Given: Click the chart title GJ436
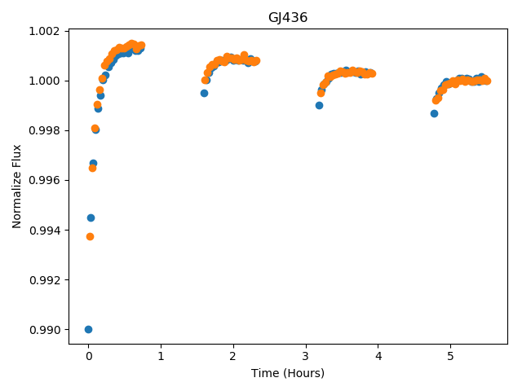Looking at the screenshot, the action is click(x=288, y=17).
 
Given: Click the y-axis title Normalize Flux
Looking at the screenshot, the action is click(x=16, y=187).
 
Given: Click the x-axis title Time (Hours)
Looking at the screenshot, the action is click(x=288, y=373).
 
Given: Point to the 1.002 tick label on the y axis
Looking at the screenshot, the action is click(x=44, y=31).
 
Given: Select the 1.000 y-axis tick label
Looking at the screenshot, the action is click(x=44, y=81).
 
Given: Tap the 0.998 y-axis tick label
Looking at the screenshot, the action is click(x=44, y=130).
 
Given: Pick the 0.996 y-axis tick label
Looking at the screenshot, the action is click(x=44, y=180).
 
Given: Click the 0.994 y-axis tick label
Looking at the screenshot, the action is click(x=44, y=230).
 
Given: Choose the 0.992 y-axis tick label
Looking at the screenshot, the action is click(x=44, y=280).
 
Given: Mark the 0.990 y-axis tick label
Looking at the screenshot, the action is click(x=44, y=329).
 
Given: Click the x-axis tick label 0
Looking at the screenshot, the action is click(x=89, y=356).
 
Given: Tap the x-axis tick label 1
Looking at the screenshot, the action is click(x=161, y=356).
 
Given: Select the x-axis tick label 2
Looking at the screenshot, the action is click(x=233, y=356).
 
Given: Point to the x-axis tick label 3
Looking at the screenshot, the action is click(x=306, y=356).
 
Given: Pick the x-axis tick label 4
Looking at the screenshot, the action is click(x=378, y=356).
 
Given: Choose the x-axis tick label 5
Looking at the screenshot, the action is click(x=450, y=356).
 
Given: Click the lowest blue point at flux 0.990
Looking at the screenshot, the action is click(x=88, y=329).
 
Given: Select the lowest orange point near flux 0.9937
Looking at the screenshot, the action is click(x=90, y=237).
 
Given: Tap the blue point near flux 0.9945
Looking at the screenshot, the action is click(x=91, y=217).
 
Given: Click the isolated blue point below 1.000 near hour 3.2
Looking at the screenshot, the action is click(x=319, y=105).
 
